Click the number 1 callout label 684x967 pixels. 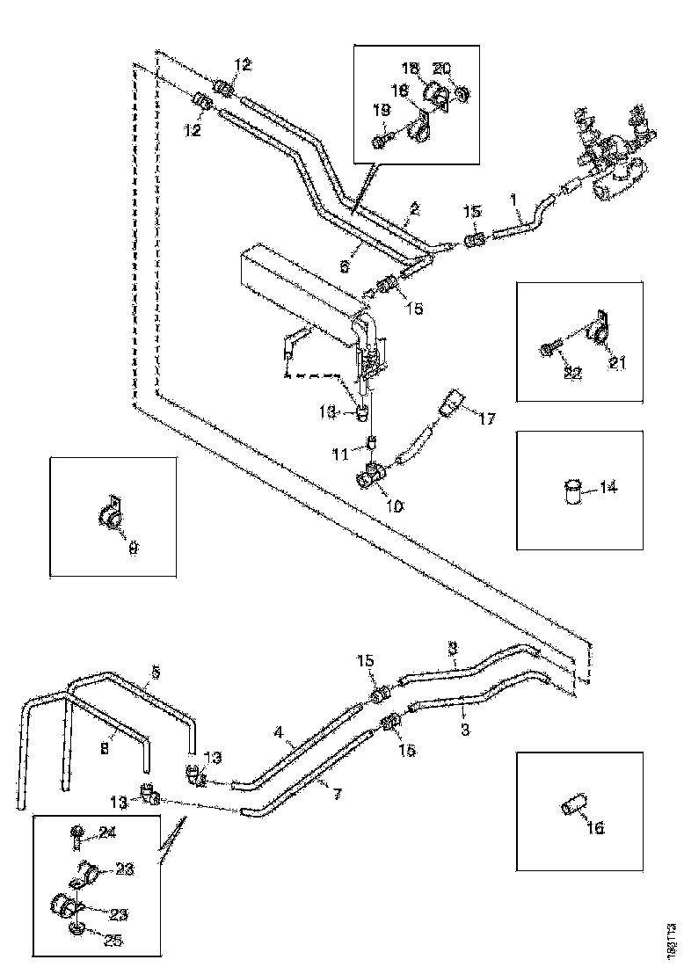tap(514, 200)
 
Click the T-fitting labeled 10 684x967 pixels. tap(370, 478)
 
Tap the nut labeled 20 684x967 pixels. tap(463, 92)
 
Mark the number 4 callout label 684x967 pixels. tap(278, 731)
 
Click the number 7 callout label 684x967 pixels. tap(337, 794)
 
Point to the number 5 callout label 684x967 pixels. tap(155, 671)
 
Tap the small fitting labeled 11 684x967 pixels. tap(371, 441)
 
